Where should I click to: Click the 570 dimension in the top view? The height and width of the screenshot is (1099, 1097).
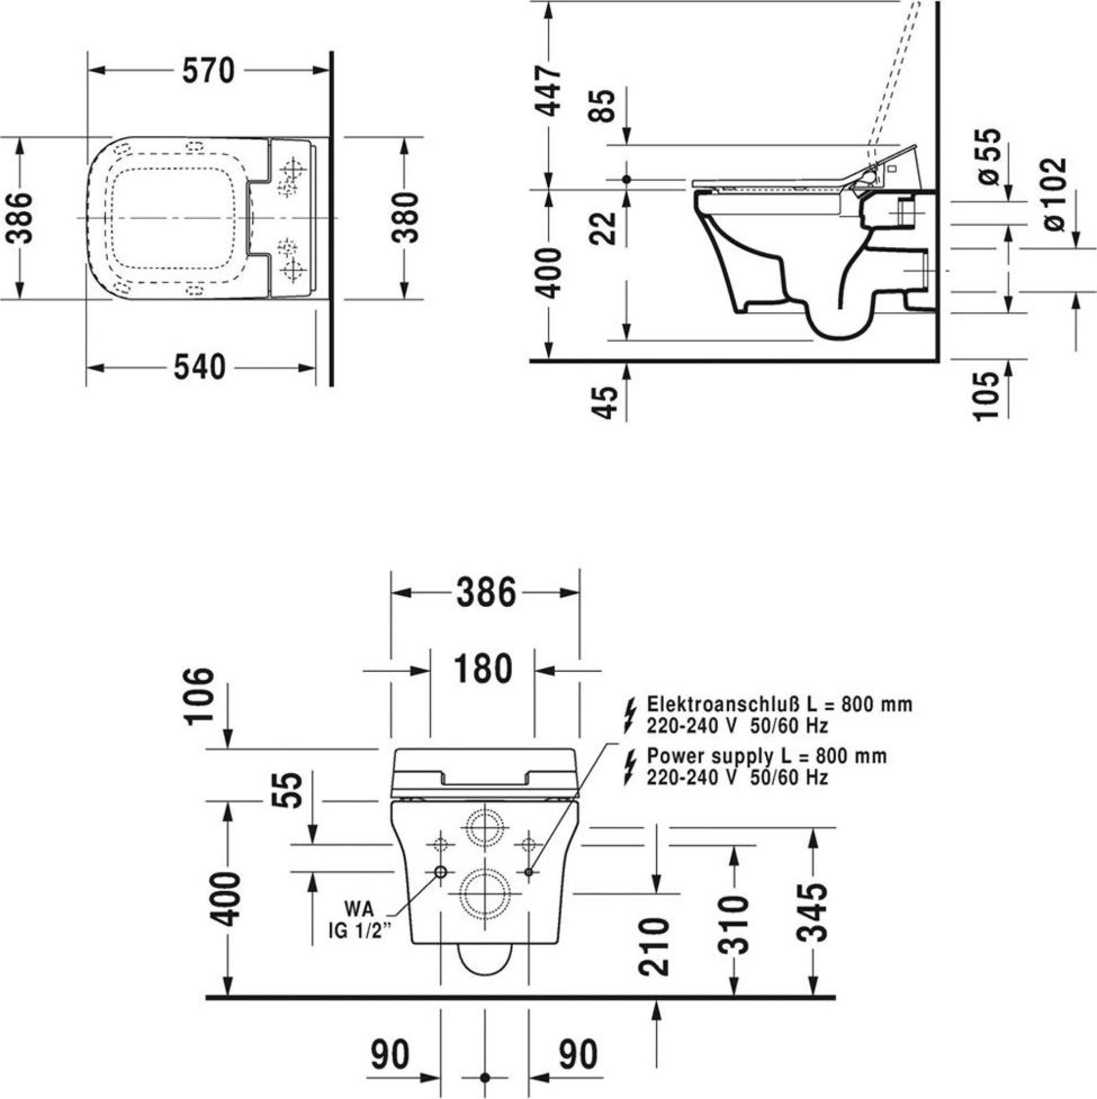209,71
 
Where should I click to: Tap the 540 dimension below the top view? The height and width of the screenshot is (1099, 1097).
199,367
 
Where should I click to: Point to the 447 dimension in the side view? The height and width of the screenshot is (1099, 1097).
550,91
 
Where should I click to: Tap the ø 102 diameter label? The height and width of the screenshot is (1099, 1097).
1053,195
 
